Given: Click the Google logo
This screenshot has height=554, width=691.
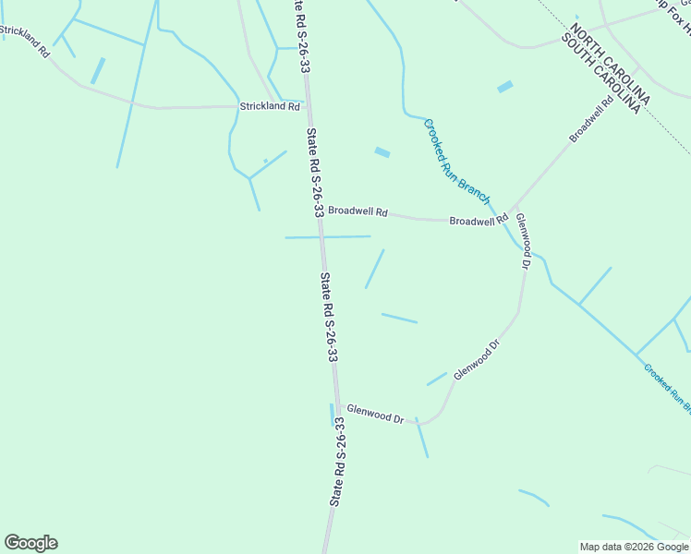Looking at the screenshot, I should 30,543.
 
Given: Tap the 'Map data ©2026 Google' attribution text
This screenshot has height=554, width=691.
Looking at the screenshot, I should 634,546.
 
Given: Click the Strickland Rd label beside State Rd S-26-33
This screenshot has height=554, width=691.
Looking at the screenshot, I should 270,107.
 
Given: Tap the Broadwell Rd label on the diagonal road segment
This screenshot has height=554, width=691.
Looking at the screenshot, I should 592,120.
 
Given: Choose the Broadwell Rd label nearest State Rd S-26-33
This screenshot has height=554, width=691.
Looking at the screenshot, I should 358,211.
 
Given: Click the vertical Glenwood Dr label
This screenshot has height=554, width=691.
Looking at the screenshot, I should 523,240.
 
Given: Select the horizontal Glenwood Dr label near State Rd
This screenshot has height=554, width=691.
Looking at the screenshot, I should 375,414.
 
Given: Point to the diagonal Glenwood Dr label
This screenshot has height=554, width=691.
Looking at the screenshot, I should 477,358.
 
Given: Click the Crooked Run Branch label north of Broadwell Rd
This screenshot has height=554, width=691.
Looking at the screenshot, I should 456,159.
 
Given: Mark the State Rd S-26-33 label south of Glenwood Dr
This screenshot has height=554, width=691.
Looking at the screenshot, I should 338,461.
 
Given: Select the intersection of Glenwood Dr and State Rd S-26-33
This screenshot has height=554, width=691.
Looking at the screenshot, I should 335,403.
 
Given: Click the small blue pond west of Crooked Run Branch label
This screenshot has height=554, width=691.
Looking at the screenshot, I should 382,152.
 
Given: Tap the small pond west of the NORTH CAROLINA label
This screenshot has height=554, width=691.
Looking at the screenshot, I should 505,87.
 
